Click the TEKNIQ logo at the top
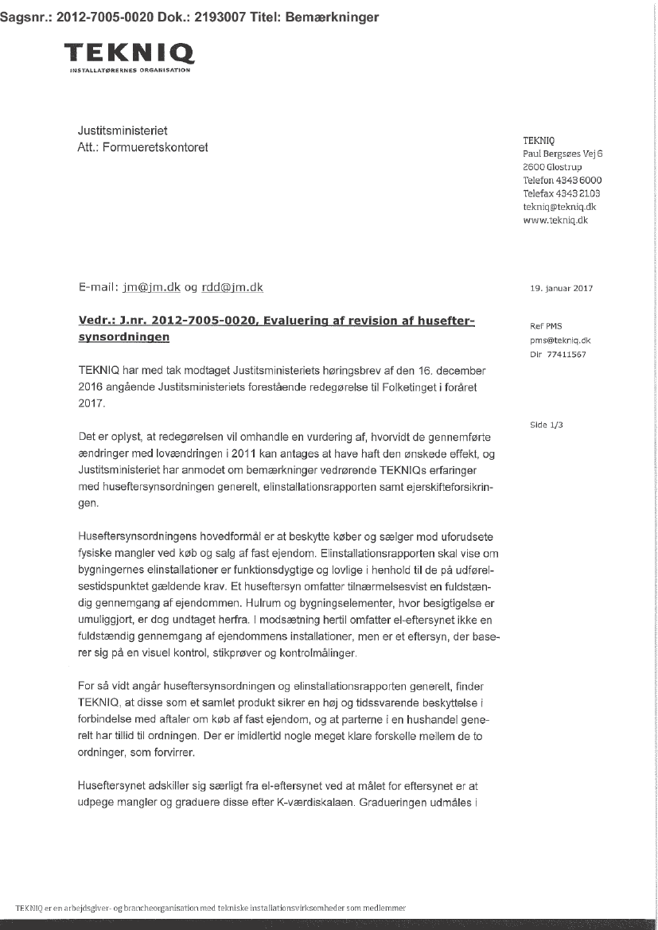pos(130,56)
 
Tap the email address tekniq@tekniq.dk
pos(559,206)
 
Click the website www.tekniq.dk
pos(555,220)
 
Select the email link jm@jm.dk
pos(146,287)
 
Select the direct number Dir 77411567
pos(558,354)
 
